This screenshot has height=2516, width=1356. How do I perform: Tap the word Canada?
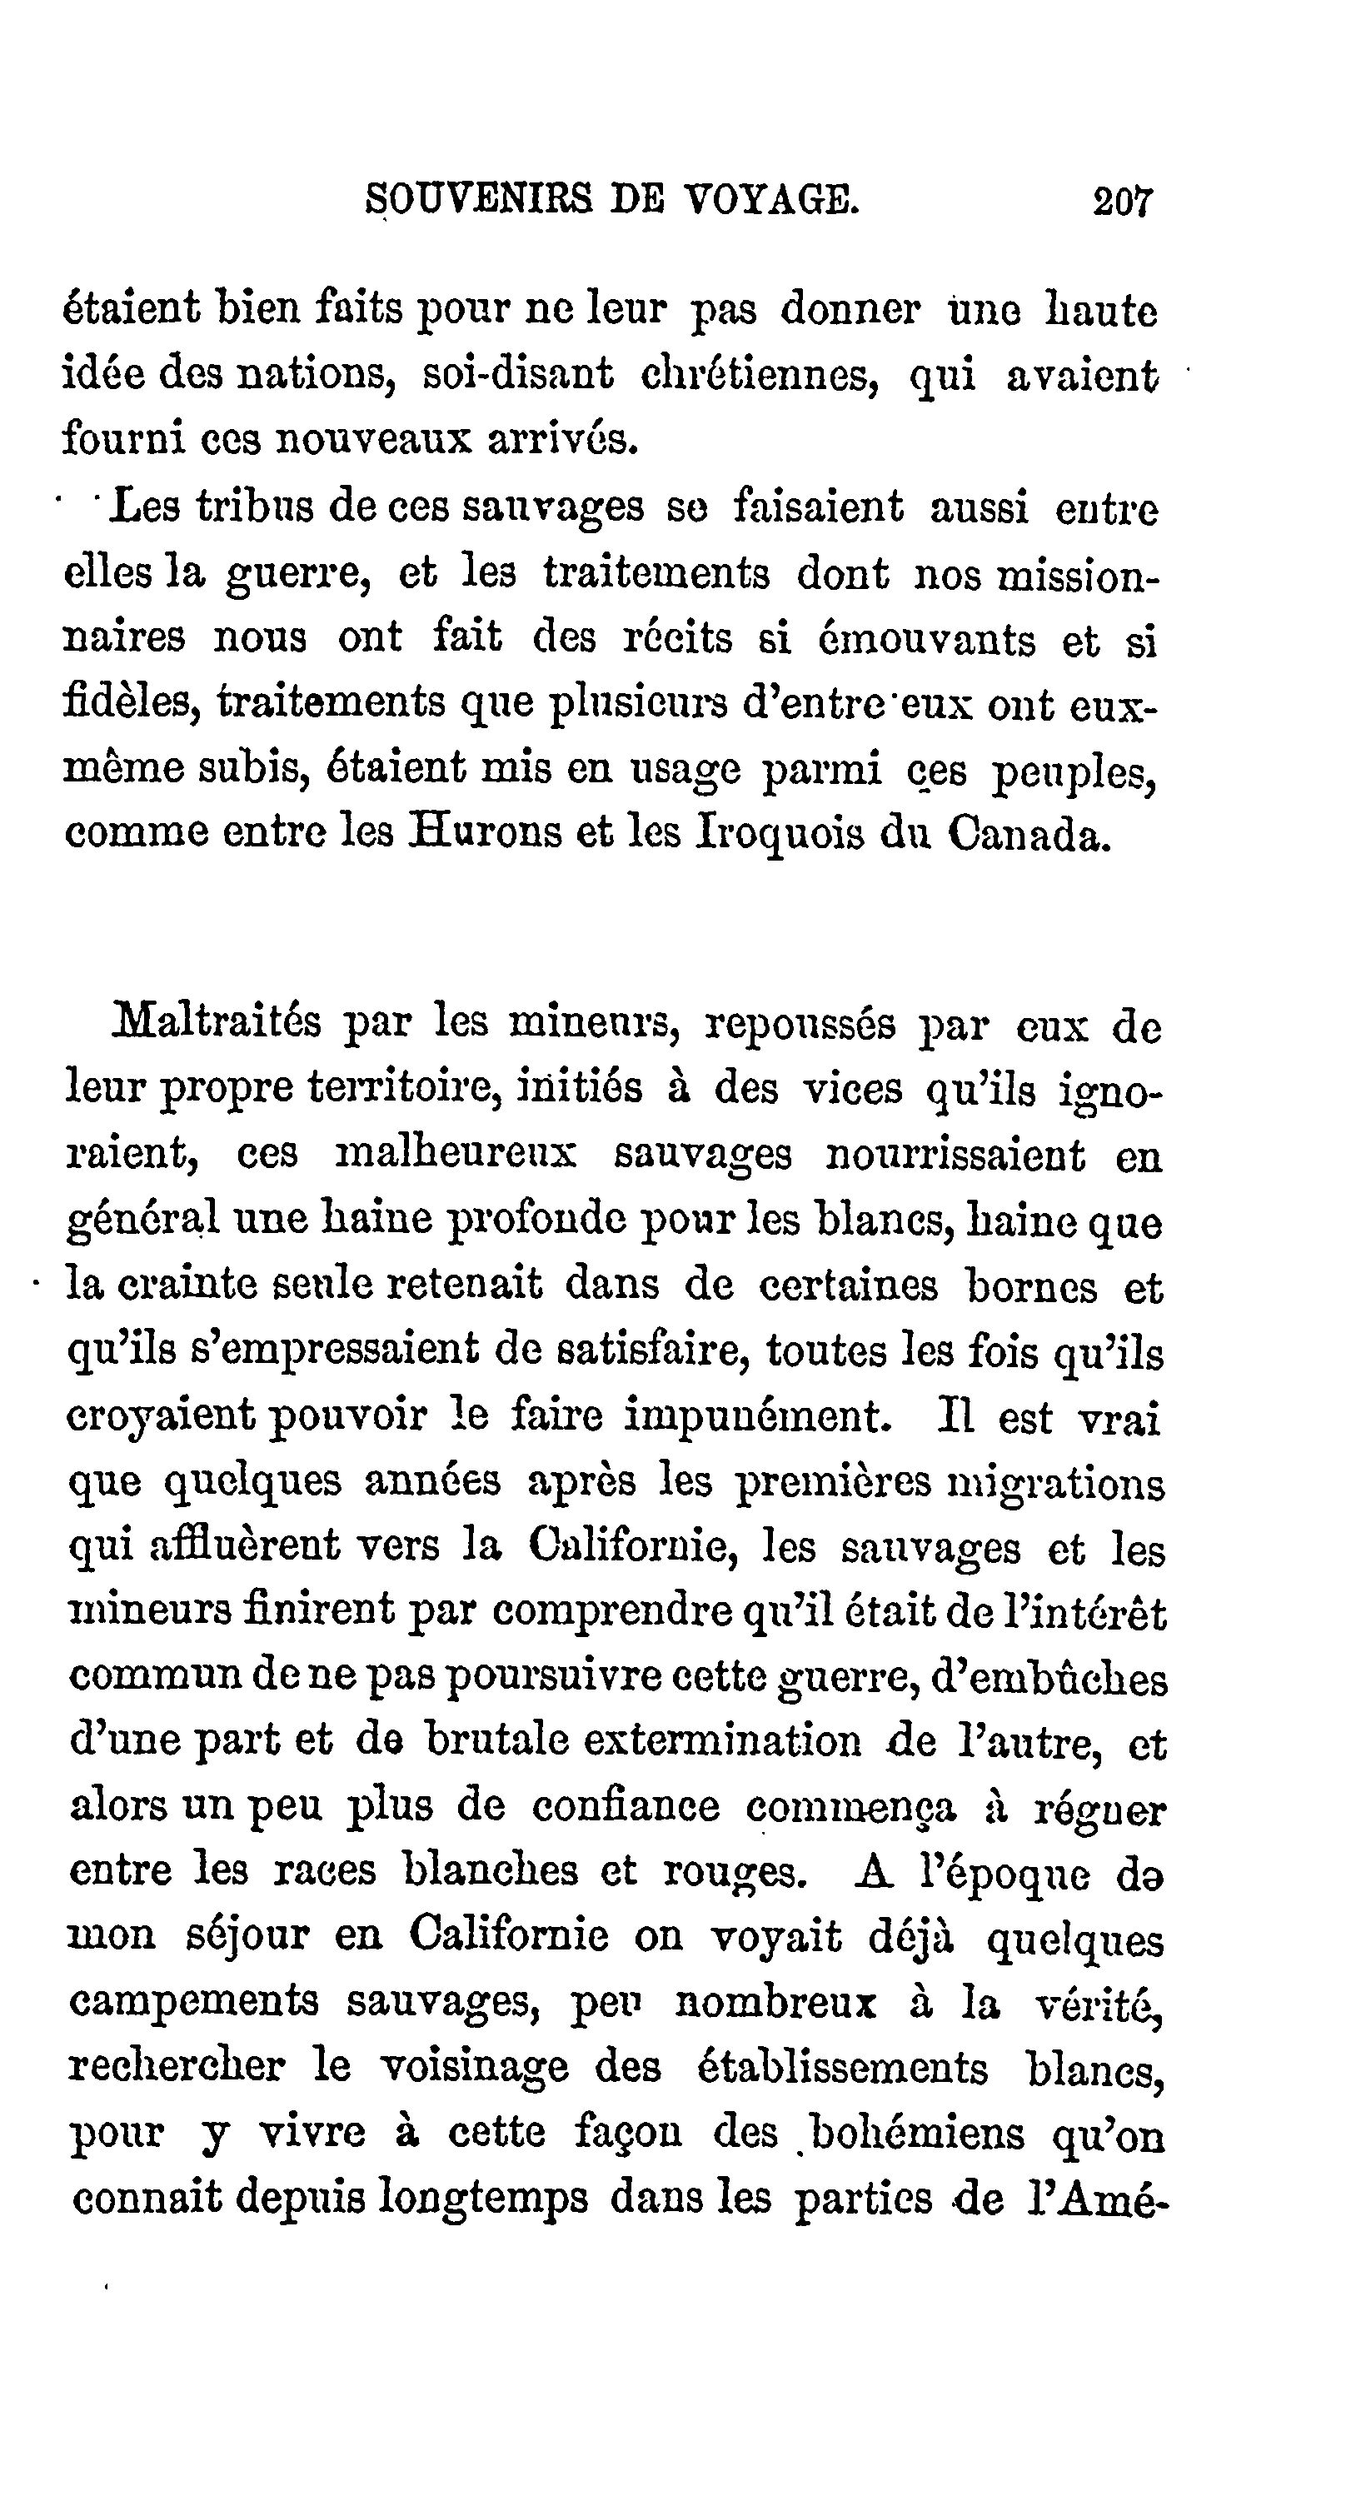(x=1030, y=833)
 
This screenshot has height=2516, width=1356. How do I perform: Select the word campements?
(x=194, y=2000)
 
